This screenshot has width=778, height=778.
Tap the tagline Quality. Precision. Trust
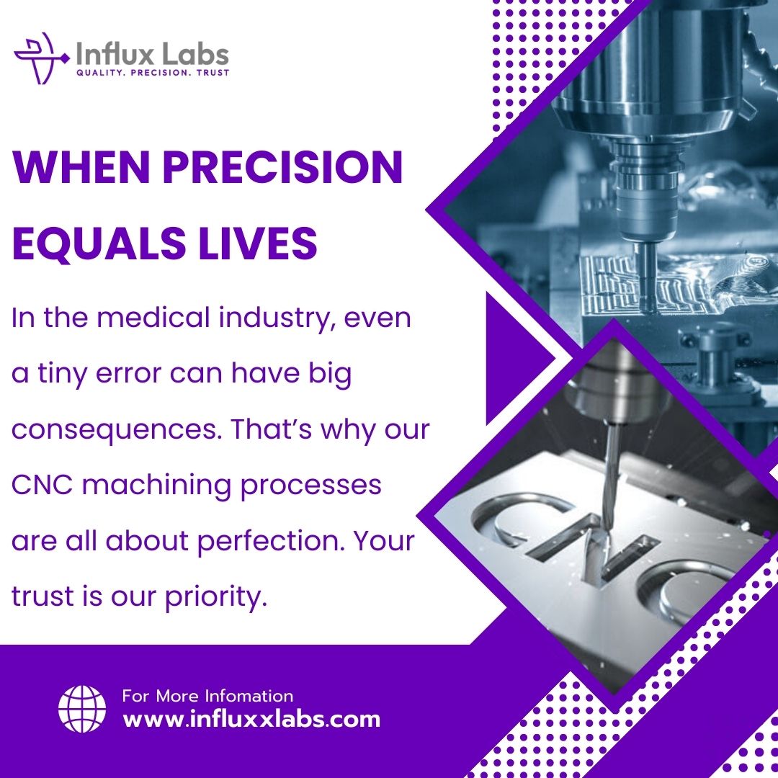click(x=153, y=73)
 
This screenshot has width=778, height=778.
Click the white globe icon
click(x=81, y=709)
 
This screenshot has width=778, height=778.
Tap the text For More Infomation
click(x=207, y=696)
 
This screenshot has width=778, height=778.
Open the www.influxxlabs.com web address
click(x=251, y=719)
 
